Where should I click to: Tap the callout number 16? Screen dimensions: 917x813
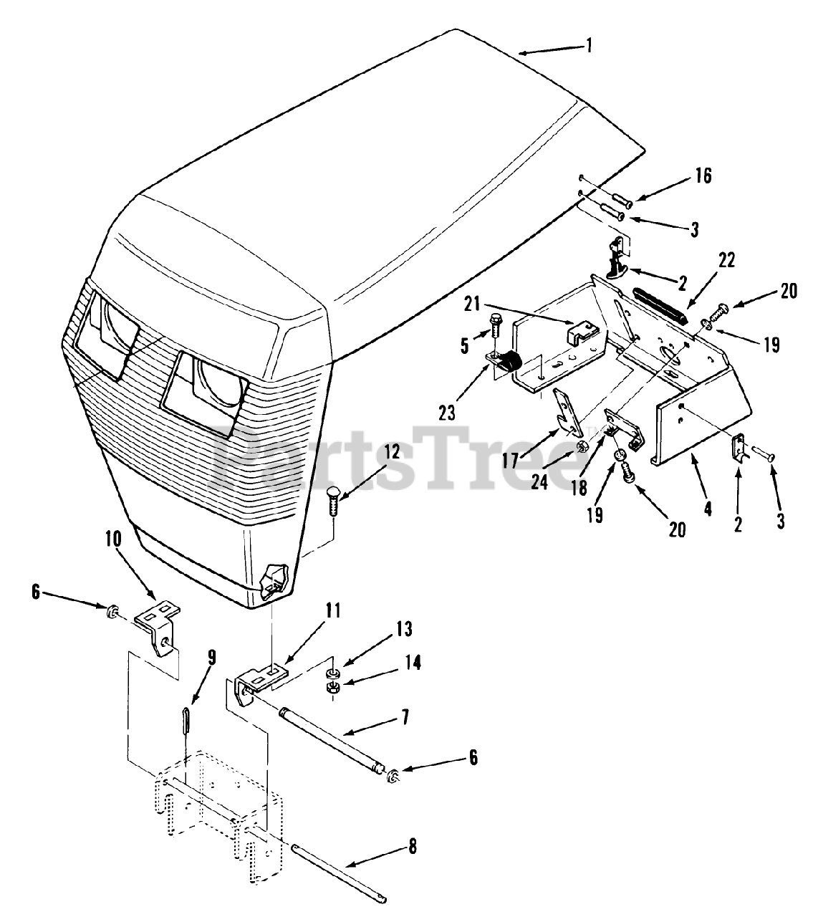pyautogui.click(x=703, y=175)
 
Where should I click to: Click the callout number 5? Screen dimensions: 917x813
pyautogui.click(x=465, y=347)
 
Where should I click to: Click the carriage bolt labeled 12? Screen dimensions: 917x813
pyautogui.click(x=335, y=511)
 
